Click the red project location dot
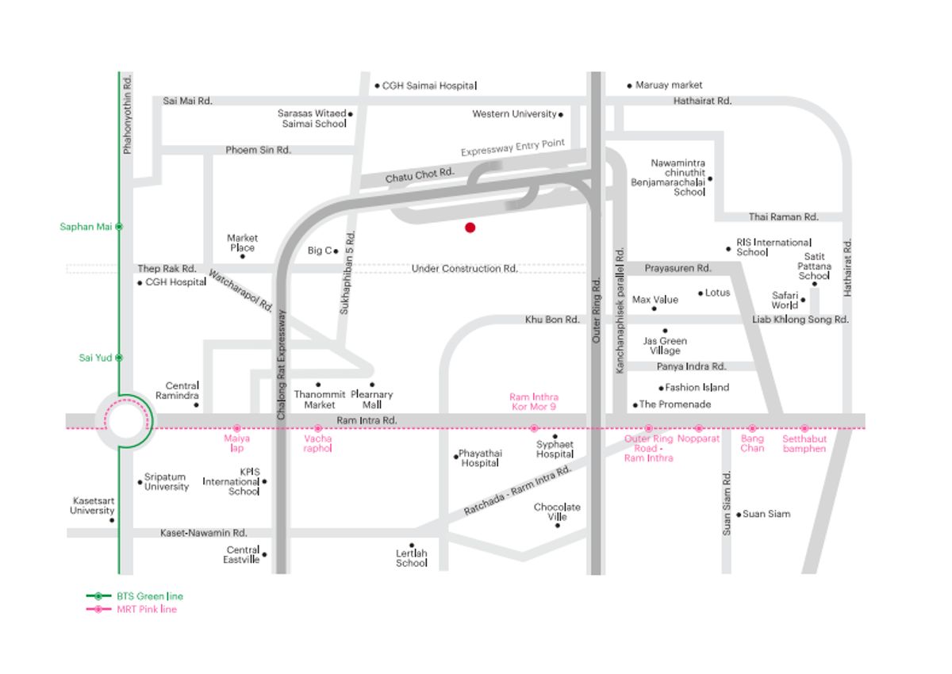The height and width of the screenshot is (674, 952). click(470, 228)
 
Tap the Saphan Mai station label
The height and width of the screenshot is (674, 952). click(86, 227)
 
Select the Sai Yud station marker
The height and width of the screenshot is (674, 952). click(119, 358)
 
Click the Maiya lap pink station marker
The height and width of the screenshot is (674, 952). click(237, 428)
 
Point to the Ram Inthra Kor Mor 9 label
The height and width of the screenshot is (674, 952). click(534, 402)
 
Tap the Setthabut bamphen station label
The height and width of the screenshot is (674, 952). click(804, 443)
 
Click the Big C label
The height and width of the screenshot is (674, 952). click(320, 251)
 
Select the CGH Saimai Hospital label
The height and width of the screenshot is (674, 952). click(429, 86)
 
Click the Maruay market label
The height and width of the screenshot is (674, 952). click(669, 85)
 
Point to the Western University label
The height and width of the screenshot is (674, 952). click(514, 114)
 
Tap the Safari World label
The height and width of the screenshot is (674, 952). click(785, 301)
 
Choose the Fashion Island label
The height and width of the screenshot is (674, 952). click(697, 387)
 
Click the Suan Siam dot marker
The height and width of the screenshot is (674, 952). click(739, 515)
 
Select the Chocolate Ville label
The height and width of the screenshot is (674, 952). click(557, 511)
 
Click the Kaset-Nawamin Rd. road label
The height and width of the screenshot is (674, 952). click(204, 533)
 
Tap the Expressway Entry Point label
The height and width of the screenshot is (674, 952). click(513, 147)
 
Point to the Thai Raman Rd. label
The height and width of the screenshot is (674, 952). click(783, 217)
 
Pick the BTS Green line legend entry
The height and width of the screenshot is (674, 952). click(135, 596)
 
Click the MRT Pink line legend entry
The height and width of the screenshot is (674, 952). click(132, 610)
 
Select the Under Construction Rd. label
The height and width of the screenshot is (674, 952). click(465, 269)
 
